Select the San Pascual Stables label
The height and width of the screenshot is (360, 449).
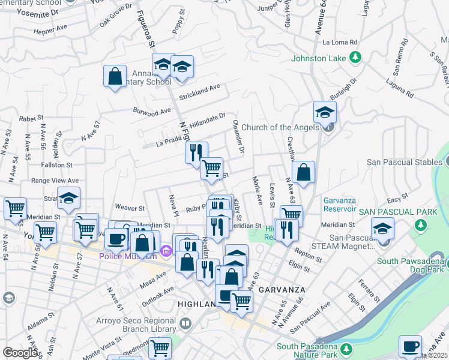404,162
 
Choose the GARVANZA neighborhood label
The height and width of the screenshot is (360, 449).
279,289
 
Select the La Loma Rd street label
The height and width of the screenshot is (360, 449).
340,43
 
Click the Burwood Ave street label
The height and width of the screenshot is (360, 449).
152,112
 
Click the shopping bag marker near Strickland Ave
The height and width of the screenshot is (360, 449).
114,77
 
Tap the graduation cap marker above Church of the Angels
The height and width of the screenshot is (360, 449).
325,112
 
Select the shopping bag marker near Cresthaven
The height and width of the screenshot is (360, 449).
304,172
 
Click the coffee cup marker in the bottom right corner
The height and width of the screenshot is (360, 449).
411,346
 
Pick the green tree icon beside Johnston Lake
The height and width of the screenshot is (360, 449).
355,58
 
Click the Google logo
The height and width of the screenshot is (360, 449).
20,353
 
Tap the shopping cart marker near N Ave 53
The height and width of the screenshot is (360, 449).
15,209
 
